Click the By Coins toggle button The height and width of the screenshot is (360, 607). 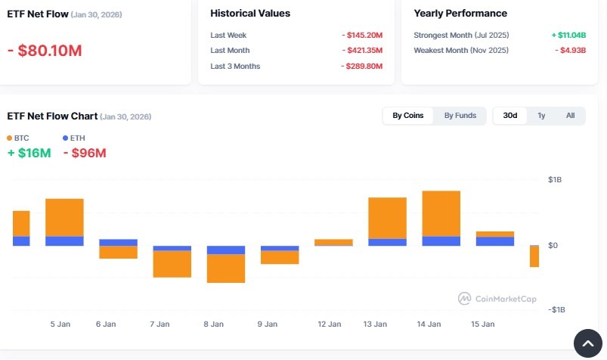click(408, 116)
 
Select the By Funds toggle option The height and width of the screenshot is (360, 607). click(460, 116)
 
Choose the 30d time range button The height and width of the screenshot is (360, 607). click(510, 116)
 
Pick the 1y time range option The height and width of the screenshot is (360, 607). click(541, 116)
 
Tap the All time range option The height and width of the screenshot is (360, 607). click(570, 116)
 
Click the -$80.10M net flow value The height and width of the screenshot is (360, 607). click(45, 51)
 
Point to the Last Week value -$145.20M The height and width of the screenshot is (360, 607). click(361, 36)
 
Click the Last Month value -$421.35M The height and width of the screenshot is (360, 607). click(361, 51)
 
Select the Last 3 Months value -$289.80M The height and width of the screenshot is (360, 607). click(361, 67)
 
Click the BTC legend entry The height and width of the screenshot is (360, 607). click(17, 138)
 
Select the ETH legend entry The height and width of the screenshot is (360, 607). click(74, 138)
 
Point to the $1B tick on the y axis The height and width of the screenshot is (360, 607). click(555, 180)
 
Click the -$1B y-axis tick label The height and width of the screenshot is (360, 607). click(556, 310)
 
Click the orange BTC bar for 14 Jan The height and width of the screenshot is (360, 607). click(441, 213)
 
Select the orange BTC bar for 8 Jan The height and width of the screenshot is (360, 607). click(225, 268)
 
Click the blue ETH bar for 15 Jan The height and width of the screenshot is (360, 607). click(494, 241)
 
